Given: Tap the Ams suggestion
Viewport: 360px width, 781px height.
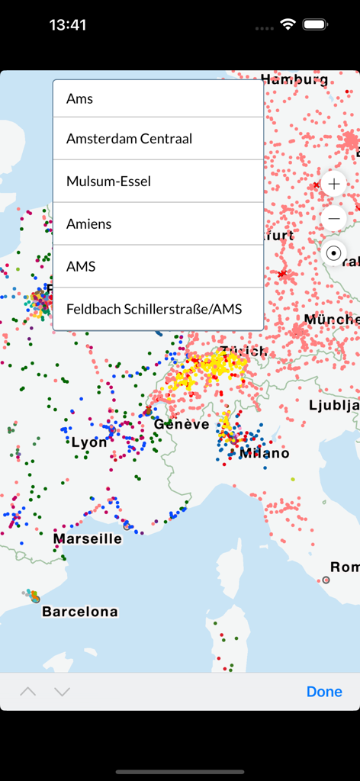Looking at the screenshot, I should click(157, 99).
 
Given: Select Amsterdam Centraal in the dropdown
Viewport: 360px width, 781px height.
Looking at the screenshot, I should click(157, 139).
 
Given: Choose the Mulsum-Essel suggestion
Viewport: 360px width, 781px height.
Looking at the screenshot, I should click(157, 182).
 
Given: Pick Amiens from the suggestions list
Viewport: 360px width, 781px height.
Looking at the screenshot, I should click(157, 224).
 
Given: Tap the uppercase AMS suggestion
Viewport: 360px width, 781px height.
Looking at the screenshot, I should click(157, 267).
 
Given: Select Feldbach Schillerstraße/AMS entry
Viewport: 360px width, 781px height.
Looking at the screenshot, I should click(157, 309).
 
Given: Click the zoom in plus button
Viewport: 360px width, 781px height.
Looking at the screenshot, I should click(334, 184).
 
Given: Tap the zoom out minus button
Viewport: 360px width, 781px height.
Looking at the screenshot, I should click(334, 219).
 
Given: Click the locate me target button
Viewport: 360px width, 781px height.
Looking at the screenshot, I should click(334, 253).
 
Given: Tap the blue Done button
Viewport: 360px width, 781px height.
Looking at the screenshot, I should click(324, 692).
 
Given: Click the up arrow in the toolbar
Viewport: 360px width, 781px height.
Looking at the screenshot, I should click(27, 692).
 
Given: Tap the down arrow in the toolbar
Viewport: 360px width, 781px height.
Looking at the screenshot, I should click(63, 692).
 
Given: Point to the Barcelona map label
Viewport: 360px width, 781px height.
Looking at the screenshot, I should click(80, 612).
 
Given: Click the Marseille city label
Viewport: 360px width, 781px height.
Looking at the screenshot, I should click(88, 538).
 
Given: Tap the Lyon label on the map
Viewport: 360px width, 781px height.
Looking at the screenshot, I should click(89, 442).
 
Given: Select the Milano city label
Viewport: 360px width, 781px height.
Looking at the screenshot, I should click(264, 453).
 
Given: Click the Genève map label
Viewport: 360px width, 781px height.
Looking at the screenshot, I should click(182, 424).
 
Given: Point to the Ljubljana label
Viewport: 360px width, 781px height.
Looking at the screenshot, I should click(334, 405).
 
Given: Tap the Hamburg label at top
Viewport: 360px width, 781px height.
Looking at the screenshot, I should click(294, 79).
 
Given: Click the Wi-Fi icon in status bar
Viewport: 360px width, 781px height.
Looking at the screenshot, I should click(288, 24).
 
